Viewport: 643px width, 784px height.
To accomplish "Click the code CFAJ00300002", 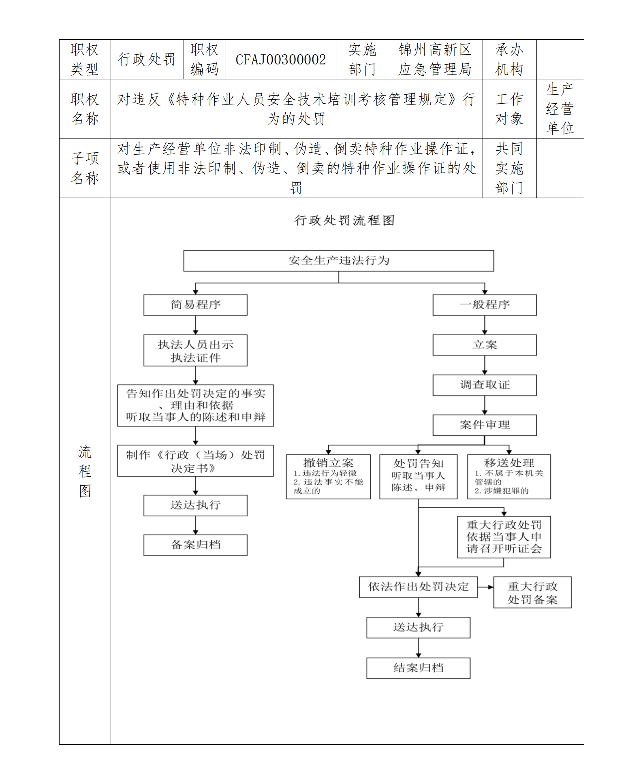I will [281, 60].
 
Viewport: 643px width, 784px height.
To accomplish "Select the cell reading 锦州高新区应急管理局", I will [435, 60].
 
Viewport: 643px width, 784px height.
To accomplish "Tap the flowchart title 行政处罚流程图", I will [344, 220].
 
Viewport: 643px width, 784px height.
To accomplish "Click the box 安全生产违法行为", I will [338, 260].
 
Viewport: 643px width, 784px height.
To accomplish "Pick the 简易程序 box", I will [195, 305].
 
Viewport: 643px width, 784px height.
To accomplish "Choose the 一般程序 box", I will [484, 305].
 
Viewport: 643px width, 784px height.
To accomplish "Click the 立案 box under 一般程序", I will [484, 345].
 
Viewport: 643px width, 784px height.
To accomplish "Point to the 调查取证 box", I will [484, 385].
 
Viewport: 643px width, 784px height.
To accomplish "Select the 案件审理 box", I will [484, 425].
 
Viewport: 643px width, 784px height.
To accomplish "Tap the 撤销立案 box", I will [328, 476].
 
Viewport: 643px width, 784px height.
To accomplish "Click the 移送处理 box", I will [508, 476].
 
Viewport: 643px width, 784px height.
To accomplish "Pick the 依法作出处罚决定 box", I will [418, 587].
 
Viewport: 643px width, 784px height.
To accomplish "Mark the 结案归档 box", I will [418, 668].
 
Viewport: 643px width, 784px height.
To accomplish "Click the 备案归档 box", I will [195, 545].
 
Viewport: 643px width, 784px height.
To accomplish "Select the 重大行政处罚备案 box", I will [532, 592].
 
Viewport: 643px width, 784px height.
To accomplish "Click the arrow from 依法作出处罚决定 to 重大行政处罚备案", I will [485, 587].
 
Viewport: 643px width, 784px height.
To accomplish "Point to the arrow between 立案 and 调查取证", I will [485, 365].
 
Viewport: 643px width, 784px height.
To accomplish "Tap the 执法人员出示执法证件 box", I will [195, 350].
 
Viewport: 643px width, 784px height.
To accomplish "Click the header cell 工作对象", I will [509, 109].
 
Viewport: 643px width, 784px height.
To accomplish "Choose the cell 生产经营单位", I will [560, 109].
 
